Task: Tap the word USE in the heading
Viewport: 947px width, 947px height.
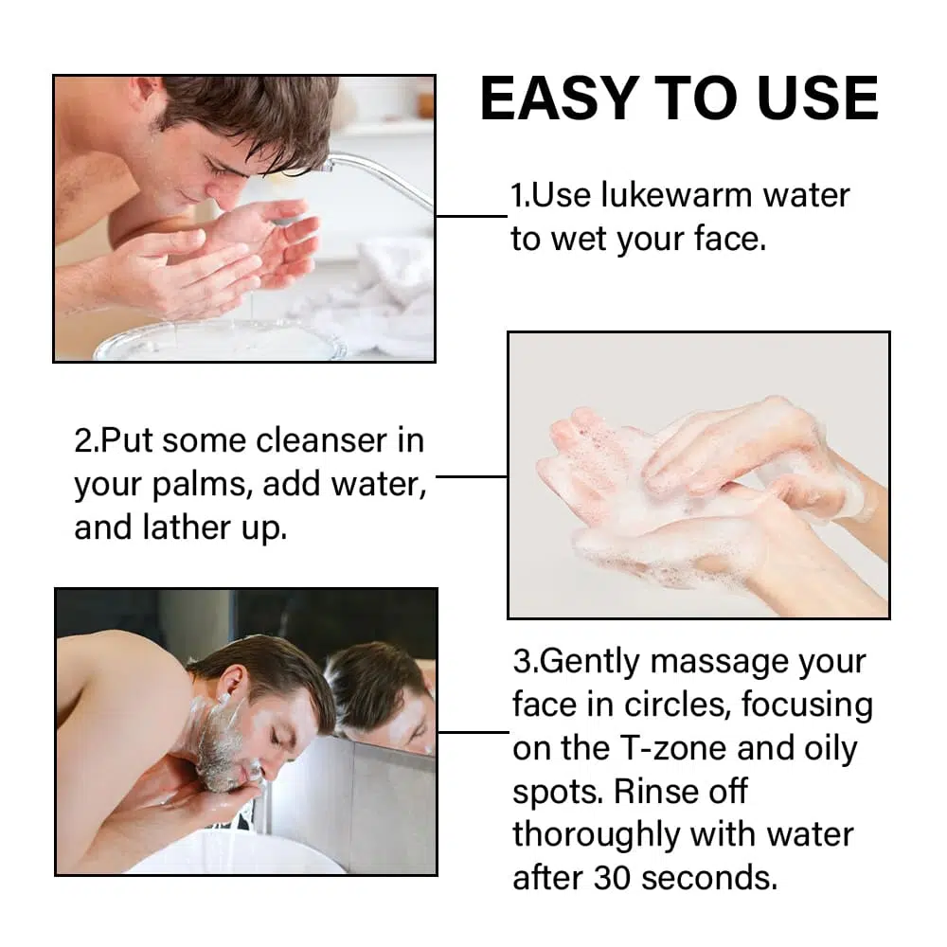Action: click(817, 98)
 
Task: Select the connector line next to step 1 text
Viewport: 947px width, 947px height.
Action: click(472, 216)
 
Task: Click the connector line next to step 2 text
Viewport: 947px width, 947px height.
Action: click(471, 476)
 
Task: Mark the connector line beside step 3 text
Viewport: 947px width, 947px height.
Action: click(474, 733)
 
